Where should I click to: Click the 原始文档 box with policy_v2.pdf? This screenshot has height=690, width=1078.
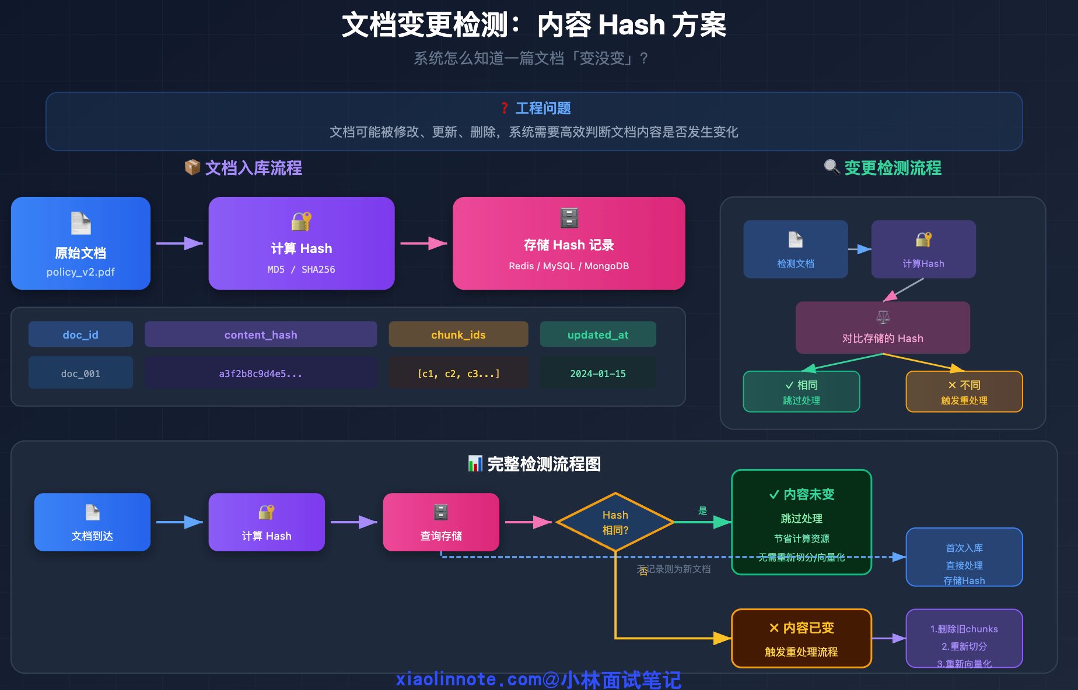80,243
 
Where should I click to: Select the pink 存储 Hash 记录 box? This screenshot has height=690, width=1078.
569,243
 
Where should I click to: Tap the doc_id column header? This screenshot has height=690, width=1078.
80,335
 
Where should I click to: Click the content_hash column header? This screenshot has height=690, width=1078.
261,335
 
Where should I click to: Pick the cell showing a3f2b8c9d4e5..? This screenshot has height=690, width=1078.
261,373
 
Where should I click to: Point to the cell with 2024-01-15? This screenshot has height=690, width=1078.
598,373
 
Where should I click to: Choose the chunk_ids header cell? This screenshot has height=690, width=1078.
459,335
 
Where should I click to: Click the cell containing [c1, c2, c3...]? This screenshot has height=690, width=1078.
459,373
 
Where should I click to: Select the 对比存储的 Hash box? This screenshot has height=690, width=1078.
883,328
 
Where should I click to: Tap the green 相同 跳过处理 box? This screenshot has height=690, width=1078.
801,392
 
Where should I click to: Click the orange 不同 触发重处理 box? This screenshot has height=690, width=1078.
964,392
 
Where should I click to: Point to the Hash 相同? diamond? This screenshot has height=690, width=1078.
615,522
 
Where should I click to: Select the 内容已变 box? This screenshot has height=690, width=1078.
801,638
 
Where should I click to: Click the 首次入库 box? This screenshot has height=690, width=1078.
964,557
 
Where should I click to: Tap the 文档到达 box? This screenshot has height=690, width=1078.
92,522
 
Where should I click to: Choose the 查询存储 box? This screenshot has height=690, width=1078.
441,522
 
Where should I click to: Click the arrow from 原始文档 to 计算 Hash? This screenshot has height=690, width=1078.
180,243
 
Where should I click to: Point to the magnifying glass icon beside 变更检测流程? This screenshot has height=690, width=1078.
831,167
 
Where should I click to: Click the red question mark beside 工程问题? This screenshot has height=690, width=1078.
505,108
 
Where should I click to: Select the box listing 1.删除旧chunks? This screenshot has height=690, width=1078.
964,638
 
